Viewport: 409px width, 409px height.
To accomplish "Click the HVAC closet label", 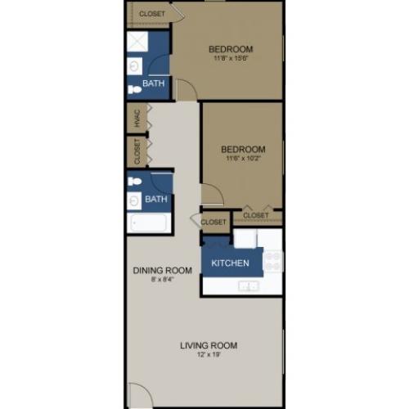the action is coord(137,118).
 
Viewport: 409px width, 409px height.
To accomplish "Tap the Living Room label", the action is coord(209,345).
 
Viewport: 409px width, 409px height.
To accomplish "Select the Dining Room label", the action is coord(163,270).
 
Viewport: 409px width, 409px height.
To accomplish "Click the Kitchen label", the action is coord(230,263).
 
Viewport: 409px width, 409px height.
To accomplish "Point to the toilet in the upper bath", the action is coord(135,89).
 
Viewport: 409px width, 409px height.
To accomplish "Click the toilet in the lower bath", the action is coord(135,182).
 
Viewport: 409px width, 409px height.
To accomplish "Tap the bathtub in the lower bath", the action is coord(149,222).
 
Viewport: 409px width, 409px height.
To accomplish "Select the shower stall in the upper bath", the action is coord(137,42).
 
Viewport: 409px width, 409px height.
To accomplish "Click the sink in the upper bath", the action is coord(134,66).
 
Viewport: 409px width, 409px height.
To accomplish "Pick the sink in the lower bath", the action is coord(134,201).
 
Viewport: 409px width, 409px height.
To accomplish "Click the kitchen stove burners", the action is coord(273,261).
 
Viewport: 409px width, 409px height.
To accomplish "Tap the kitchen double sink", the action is coord(248,286).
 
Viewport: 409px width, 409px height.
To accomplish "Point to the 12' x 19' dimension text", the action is coord(209,355).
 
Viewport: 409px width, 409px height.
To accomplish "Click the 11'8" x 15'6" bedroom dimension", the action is coord(231,58).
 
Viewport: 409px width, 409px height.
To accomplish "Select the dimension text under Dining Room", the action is coord(163,279).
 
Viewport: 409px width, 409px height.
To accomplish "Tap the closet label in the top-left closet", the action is coord(152,14).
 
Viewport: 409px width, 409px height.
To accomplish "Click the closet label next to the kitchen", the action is coord(213,222).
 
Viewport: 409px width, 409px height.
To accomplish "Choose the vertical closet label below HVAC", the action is coord(137,151).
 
